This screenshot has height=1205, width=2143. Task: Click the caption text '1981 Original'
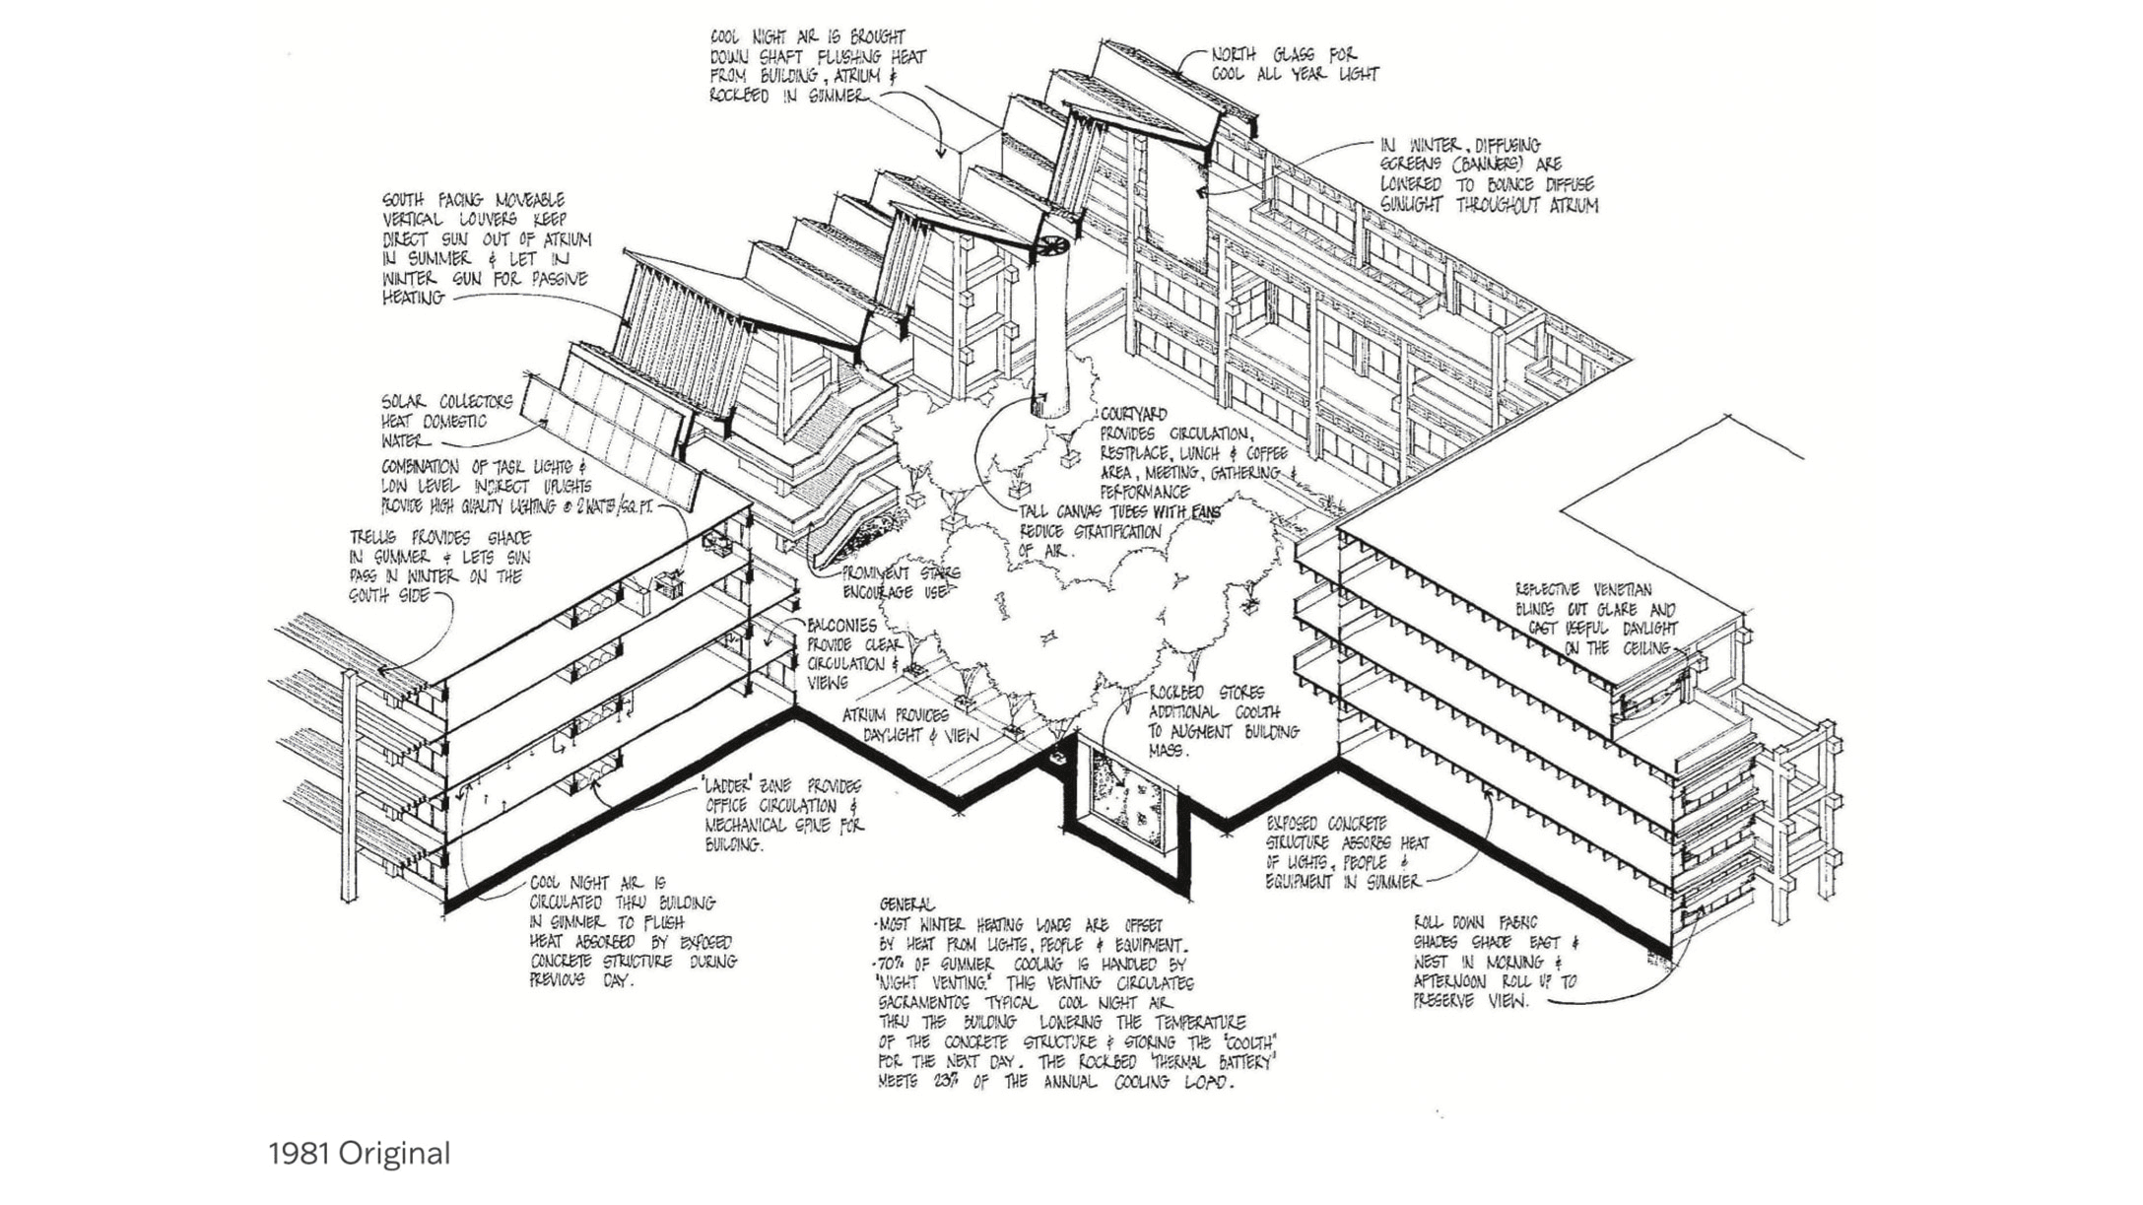click(359, 1153)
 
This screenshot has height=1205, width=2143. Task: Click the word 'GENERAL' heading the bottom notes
click(906, 904)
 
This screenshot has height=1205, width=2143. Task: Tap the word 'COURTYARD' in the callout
click(1133, 415)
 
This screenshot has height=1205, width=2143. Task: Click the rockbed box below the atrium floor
click(1131, 801)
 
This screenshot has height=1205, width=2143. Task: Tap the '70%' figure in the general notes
click(894, 965)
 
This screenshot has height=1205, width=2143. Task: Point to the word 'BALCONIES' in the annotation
click(841, 626)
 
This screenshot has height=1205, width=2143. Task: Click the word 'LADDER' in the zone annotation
click(730, 786)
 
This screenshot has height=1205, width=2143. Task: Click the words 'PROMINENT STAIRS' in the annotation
click(900, 572)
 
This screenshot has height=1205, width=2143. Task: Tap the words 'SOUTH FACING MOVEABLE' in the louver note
click(473, 200)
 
